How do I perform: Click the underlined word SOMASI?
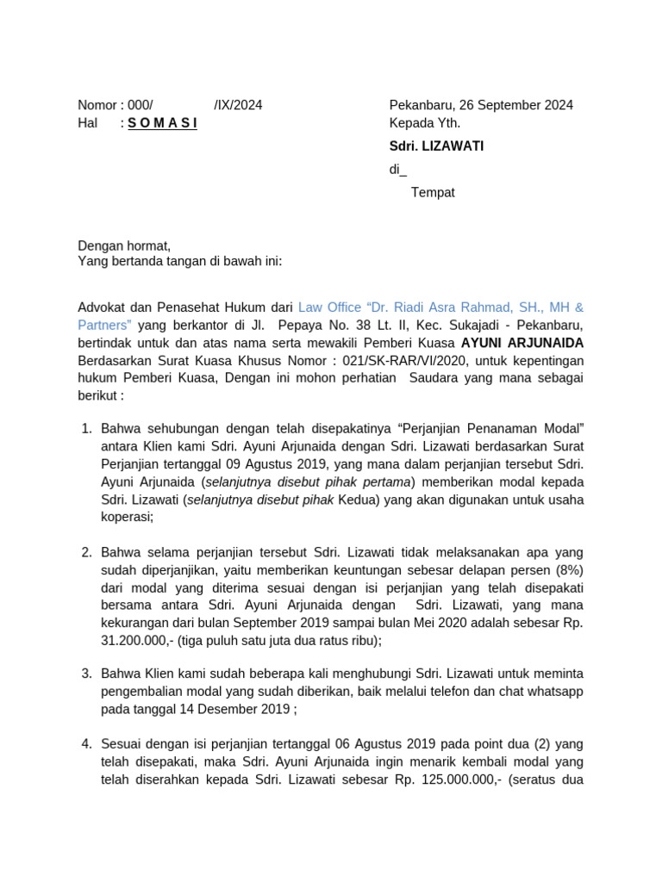coord(163,123)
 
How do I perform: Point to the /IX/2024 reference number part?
coord(238,105)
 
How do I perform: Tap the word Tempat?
coord(433,192)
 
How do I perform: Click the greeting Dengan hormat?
coord(124,245)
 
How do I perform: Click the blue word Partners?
coord(104,325)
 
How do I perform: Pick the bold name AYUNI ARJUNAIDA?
coord(522,343)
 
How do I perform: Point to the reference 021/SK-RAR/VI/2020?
coord(409,361)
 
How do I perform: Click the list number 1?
coord(86,428)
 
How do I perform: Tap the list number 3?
coord(86,673)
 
